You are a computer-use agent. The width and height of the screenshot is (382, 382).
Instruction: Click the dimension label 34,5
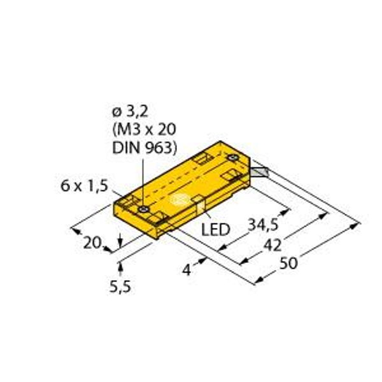(262, 225)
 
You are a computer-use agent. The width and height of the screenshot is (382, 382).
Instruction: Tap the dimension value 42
(273, 245)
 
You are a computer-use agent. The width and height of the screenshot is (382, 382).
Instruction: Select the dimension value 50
(288, 263)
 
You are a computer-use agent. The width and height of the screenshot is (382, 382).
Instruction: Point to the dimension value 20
(92, 243)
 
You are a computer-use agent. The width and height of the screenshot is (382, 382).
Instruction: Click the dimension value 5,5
(120, 286)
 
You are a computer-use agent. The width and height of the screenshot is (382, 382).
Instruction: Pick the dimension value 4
(187, 270)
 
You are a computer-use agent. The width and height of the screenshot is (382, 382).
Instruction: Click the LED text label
(216, 229)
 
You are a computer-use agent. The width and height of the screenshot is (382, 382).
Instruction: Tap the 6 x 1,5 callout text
(84, 187)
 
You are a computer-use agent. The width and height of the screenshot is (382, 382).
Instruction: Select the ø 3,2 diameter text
(130, 112)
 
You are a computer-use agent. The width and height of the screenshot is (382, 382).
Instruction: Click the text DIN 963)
(145, 148)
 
